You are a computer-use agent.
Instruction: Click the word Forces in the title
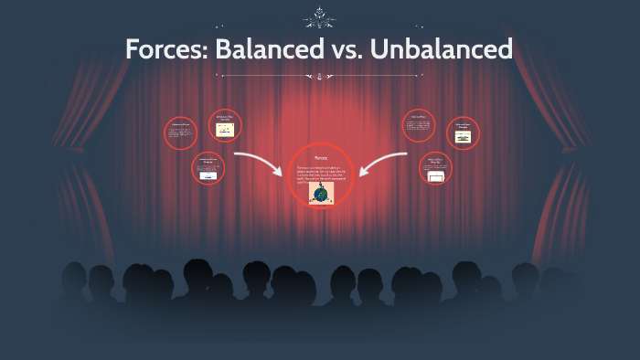pos(164,49)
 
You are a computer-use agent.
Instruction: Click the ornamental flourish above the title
pos(319,16)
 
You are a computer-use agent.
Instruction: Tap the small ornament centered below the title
pos(319,79)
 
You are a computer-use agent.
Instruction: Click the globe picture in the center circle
pos(321,195)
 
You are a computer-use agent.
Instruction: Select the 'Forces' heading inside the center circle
pos(320,158)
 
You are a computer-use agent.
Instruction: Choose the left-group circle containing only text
pos(181,133)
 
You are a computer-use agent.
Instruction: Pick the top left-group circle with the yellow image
pos(225,125)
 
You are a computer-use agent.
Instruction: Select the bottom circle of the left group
pos(208,168)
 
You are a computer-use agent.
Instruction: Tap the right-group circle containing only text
pos(418,126)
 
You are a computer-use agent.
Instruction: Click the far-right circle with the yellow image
pos(464,133)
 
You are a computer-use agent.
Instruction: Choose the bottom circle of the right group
pos(436,169)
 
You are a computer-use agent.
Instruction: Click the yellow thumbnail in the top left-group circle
pos(225,129)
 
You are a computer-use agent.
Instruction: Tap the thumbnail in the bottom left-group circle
pos(208,175)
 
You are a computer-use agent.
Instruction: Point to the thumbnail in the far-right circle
pos(464,138)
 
